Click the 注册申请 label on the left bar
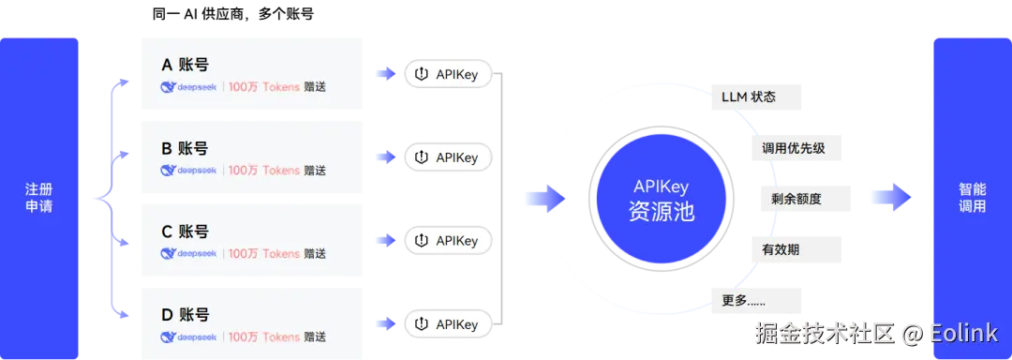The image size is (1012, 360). coord(39,198)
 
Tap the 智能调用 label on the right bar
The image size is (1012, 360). coord(972,198)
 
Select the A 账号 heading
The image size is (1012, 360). coord(185,65)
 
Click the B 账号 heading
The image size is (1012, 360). coord(185,148)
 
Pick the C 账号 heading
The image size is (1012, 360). coord(185,232)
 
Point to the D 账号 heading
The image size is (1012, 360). coord(185,315)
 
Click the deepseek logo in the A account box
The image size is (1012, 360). coord(188,87)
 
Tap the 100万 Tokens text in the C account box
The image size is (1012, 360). coord(264,253)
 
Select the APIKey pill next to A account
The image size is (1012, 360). coord(447,74)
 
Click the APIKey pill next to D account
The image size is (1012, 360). coord(447,324)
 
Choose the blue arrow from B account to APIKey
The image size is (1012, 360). coord(385,157)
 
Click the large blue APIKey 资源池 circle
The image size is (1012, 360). coord(662,198)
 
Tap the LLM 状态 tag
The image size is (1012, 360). coord(748,97)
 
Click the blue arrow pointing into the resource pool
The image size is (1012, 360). coord(543,198)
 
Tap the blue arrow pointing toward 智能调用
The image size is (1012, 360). coord(890,198)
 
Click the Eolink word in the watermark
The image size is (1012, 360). coord(965,332)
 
